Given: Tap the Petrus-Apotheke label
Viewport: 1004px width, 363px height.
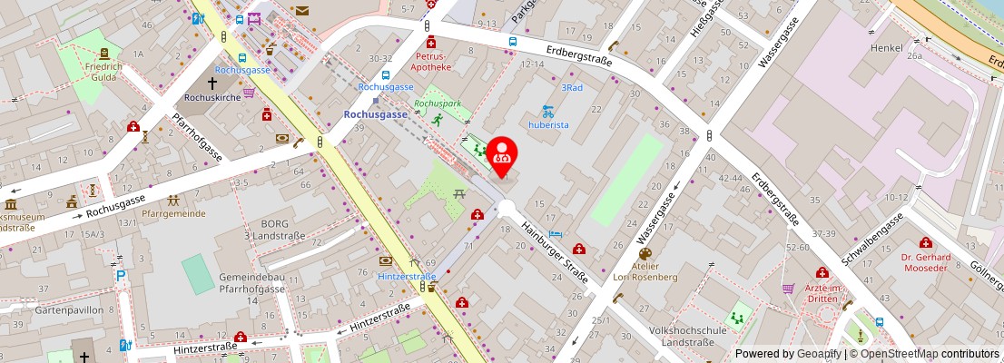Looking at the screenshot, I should point(430,61).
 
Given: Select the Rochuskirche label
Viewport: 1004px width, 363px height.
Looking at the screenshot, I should point(211,96).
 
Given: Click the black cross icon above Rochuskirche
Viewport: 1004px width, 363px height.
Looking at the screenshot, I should point(212,83).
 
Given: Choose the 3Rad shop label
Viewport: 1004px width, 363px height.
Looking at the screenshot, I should point(571,88).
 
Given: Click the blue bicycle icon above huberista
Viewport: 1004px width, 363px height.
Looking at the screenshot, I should point(547,112).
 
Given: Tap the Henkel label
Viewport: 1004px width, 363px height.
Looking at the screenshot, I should point(887,47).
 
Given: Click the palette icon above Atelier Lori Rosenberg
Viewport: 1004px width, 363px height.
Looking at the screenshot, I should point(645,254).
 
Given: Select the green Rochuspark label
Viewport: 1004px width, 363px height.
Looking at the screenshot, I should point(431,104).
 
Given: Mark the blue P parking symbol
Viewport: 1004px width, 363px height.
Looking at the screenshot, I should point(121,275).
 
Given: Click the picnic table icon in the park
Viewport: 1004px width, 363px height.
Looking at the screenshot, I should point(459,193).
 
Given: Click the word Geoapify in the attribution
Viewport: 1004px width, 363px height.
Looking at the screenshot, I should point(821,354).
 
